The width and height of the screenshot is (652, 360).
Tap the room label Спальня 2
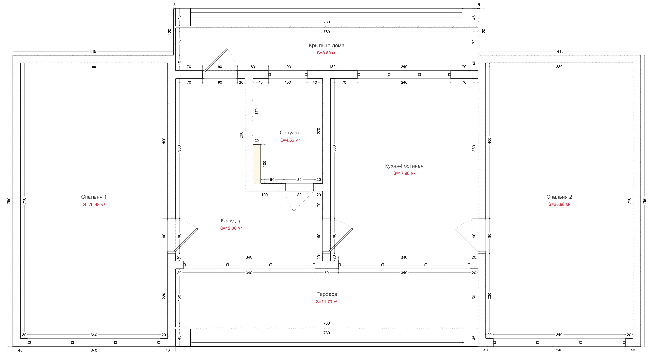point(559,197)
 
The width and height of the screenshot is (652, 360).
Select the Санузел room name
point(290,132)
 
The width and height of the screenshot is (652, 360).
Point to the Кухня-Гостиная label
point(404,166)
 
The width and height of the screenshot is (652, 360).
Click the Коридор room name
point(231,221)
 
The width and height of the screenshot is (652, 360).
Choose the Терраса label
point(326,294)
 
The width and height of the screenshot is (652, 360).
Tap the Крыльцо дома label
point(326,46)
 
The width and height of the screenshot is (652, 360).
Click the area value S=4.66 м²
point(290,140)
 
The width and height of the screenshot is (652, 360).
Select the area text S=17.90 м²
point(404,173)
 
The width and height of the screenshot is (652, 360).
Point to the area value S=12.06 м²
point(231,228)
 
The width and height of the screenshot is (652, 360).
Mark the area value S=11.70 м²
point(326,302)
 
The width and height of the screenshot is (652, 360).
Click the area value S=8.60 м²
point(326,53)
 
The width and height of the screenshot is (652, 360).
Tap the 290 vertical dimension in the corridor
point(241,135)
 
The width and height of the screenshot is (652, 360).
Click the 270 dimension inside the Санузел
point(319,131)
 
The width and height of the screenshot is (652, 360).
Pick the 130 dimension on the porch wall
point(332,67)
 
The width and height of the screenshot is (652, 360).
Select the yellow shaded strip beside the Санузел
point(257,164)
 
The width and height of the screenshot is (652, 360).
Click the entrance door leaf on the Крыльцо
point(216,60)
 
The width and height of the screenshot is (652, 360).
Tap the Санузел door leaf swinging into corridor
point(303,200)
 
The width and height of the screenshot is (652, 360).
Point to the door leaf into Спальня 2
point(467,240)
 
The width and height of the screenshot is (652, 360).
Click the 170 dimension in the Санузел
point(257,111)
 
